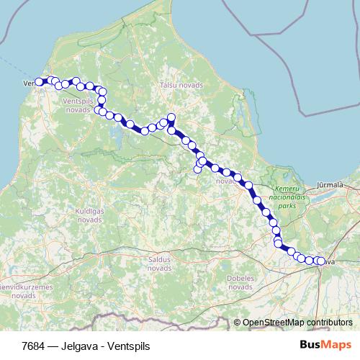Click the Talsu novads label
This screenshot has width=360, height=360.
click(x=181, y=85)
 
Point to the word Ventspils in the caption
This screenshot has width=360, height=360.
click(x=127, y=346)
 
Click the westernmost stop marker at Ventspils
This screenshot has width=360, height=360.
click(x=40, y=82)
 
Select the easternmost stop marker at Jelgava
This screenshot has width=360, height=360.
click(x=321, y=261)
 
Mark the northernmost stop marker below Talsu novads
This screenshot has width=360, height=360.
click(x=171, y=117)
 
